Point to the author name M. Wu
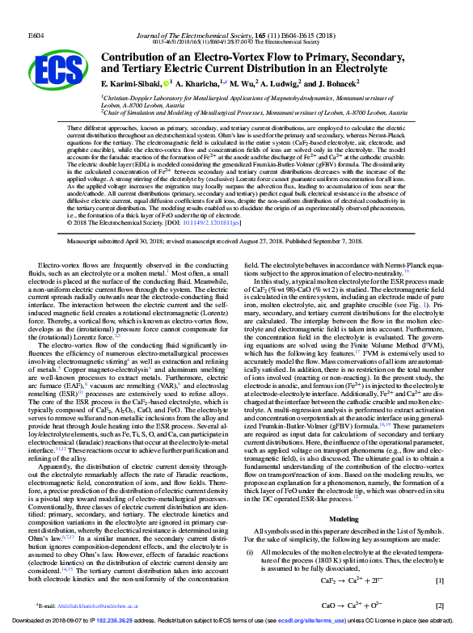(242, 83)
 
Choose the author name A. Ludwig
(284, 83)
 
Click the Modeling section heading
(344, 496)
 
